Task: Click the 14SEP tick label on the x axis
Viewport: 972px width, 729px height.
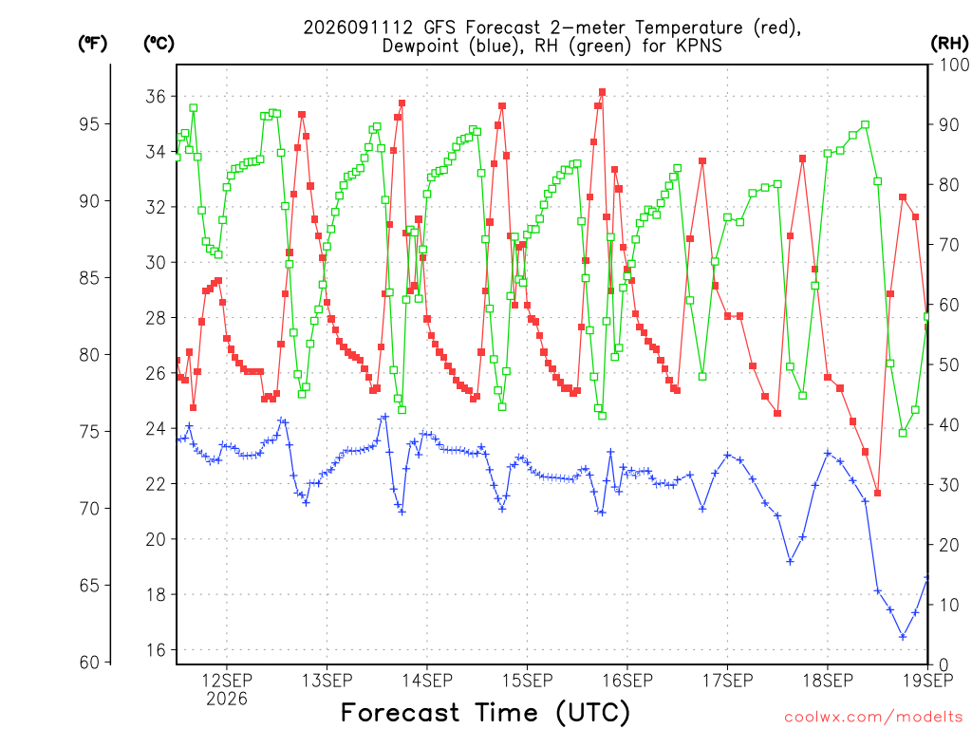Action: pyautogui.click(x=427, y=681)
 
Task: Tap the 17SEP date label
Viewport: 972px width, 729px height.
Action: pyautogui.click(x=728, y=681)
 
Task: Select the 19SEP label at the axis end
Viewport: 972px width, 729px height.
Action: pyautogui.click(x=928, y=681)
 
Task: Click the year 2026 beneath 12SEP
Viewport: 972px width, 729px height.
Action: pyautogui.click(x=226, y=700)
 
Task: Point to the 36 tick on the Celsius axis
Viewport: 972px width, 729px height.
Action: pyautogui.click(x=156, y=97)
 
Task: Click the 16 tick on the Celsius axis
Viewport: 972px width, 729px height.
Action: pyautogui.click(x=156, y=649)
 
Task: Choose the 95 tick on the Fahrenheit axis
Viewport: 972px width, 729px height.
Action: pyautogui.click(x=88, y=124)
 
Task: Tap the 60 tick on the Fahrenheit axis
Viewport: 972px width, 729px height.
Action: pyautogui.click(x=88, y=662)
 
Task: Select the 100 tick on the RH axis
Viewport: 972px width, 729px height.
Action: pyautogui.click(x=954, y=65)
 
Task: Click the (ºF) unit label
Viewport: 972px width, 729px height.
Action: pyautogui.click(x=92, y=44)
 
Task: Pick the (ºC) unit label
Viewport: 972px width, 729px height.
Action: pyautogui.click(x=159, y=44)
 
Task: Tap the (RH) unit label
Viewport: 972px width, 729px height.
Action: pyautogui.click(x=949, y=44)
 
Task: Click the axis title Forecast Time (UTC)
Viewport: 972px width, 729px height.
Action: pyautogui.click(x=485, y=713)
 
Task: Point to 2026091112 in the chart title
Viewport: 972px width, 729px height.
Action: pyautogui.click(x=358, y=28)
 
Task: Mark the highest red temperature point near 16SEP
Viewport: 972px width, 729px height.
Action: pyautogui.click(x=602, y=92)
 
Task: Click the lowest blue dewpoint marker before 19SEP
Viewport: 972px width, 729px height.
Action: pyautogui.click(x=903, y=637)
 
